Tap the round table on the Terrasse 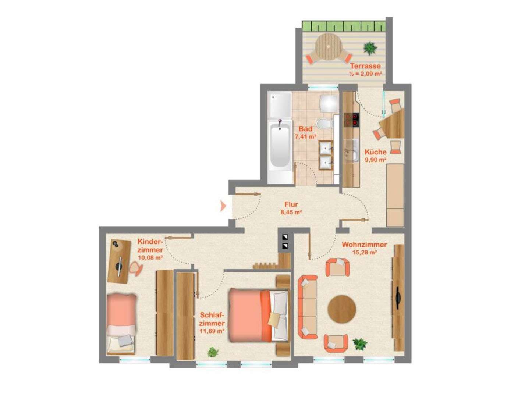328,47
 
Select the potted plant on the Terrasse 370,48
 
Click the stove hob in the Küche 351,119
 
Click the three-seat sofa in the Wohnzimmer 308,307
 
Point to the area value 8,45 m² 291,212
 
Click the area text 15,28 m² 364,253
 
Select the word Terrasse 365,67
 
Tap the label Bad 305,129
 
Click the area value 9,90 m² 375,160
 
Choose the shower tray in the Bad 280,104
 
